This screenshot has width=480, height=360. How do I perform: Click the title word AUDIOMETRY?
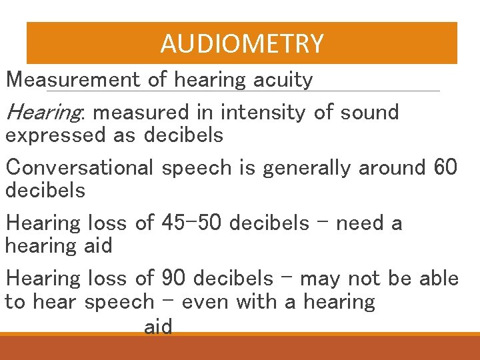[x=242, y=44]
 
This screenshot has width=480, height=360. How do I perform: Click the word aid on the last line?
[x=158, y=327]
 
